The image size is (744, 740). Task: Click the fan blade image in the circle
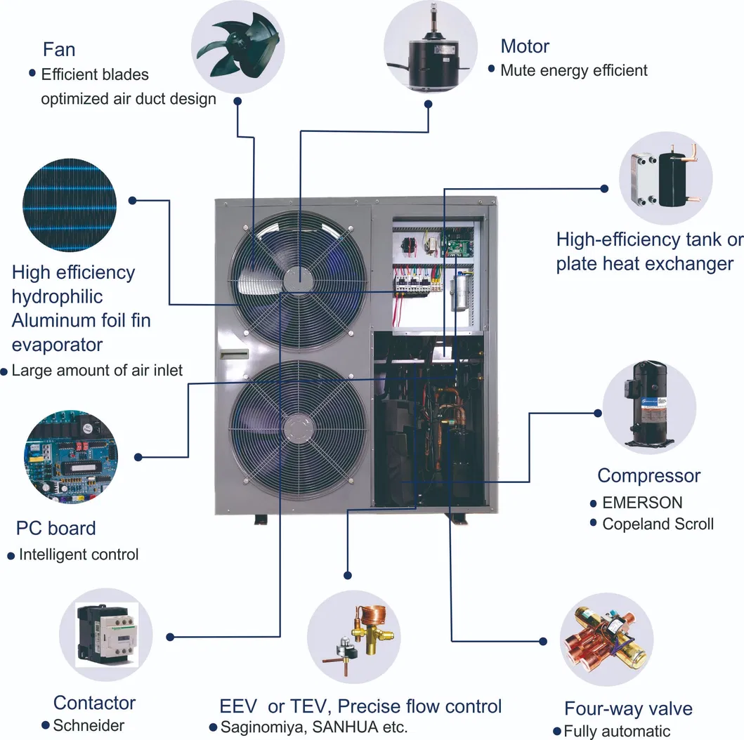[237, 47]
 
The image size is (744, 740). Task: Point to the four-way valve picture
[606, 640]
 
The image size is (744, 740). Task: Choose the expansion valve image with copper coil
[353, 637]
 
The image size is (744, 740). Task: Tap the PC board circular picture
[71, 457]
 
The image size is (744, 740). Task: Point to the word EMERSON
[641, 503]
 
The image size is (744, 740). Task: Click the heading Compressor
[648, 475]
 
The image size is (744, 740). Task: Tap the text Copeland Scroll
[658, 524]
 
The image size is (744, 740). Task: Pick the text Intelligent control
[79, 554]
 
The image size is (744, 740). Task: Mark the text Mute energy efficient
[573, 70]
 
